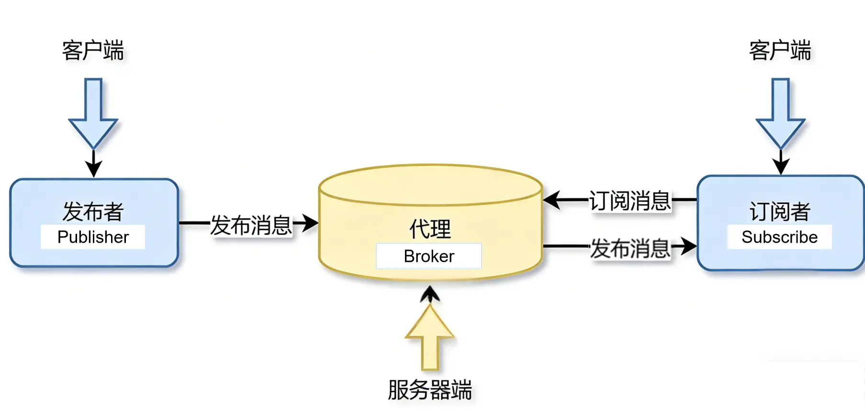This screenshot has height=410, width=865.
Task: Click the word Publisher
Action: [93, 237]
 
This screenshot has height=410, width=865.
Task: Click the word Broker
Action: [429, 256]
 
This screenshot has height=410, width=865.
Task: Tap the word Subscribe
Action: [779, 237]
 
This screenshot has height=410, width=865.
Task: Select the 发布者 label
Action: [93, 211]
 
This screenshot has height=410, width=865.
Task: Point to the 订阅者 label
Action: [779, 211]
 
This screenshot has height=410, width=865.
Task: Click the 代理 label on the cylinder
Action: [430, 229]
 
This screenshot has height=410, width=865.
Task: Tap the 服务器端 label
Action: [430, 389]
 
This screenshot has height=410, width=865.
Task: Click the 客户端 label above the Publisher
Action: [93, 50]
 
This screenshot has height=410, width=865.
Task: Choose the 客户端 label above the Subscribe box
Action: [780, 50]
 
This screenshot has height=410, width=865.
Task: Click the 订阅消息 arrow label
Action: [630, 201]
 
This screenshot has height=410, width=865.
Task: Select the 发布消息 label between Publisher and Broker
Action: [251, 225]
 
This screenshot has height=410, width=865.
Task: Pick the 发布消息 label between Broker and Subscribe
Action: [630, 249]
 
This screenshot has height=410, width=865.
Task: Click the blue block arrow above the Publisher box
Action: [93, 115]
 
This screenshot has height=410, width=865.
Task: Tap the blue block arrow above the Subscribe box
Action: [780, 115]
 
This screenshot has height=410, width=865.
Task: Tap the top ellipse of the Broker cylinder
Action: [430, 185]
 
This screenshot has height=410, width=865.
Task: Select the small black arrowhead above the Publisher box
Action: [93, 168]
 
